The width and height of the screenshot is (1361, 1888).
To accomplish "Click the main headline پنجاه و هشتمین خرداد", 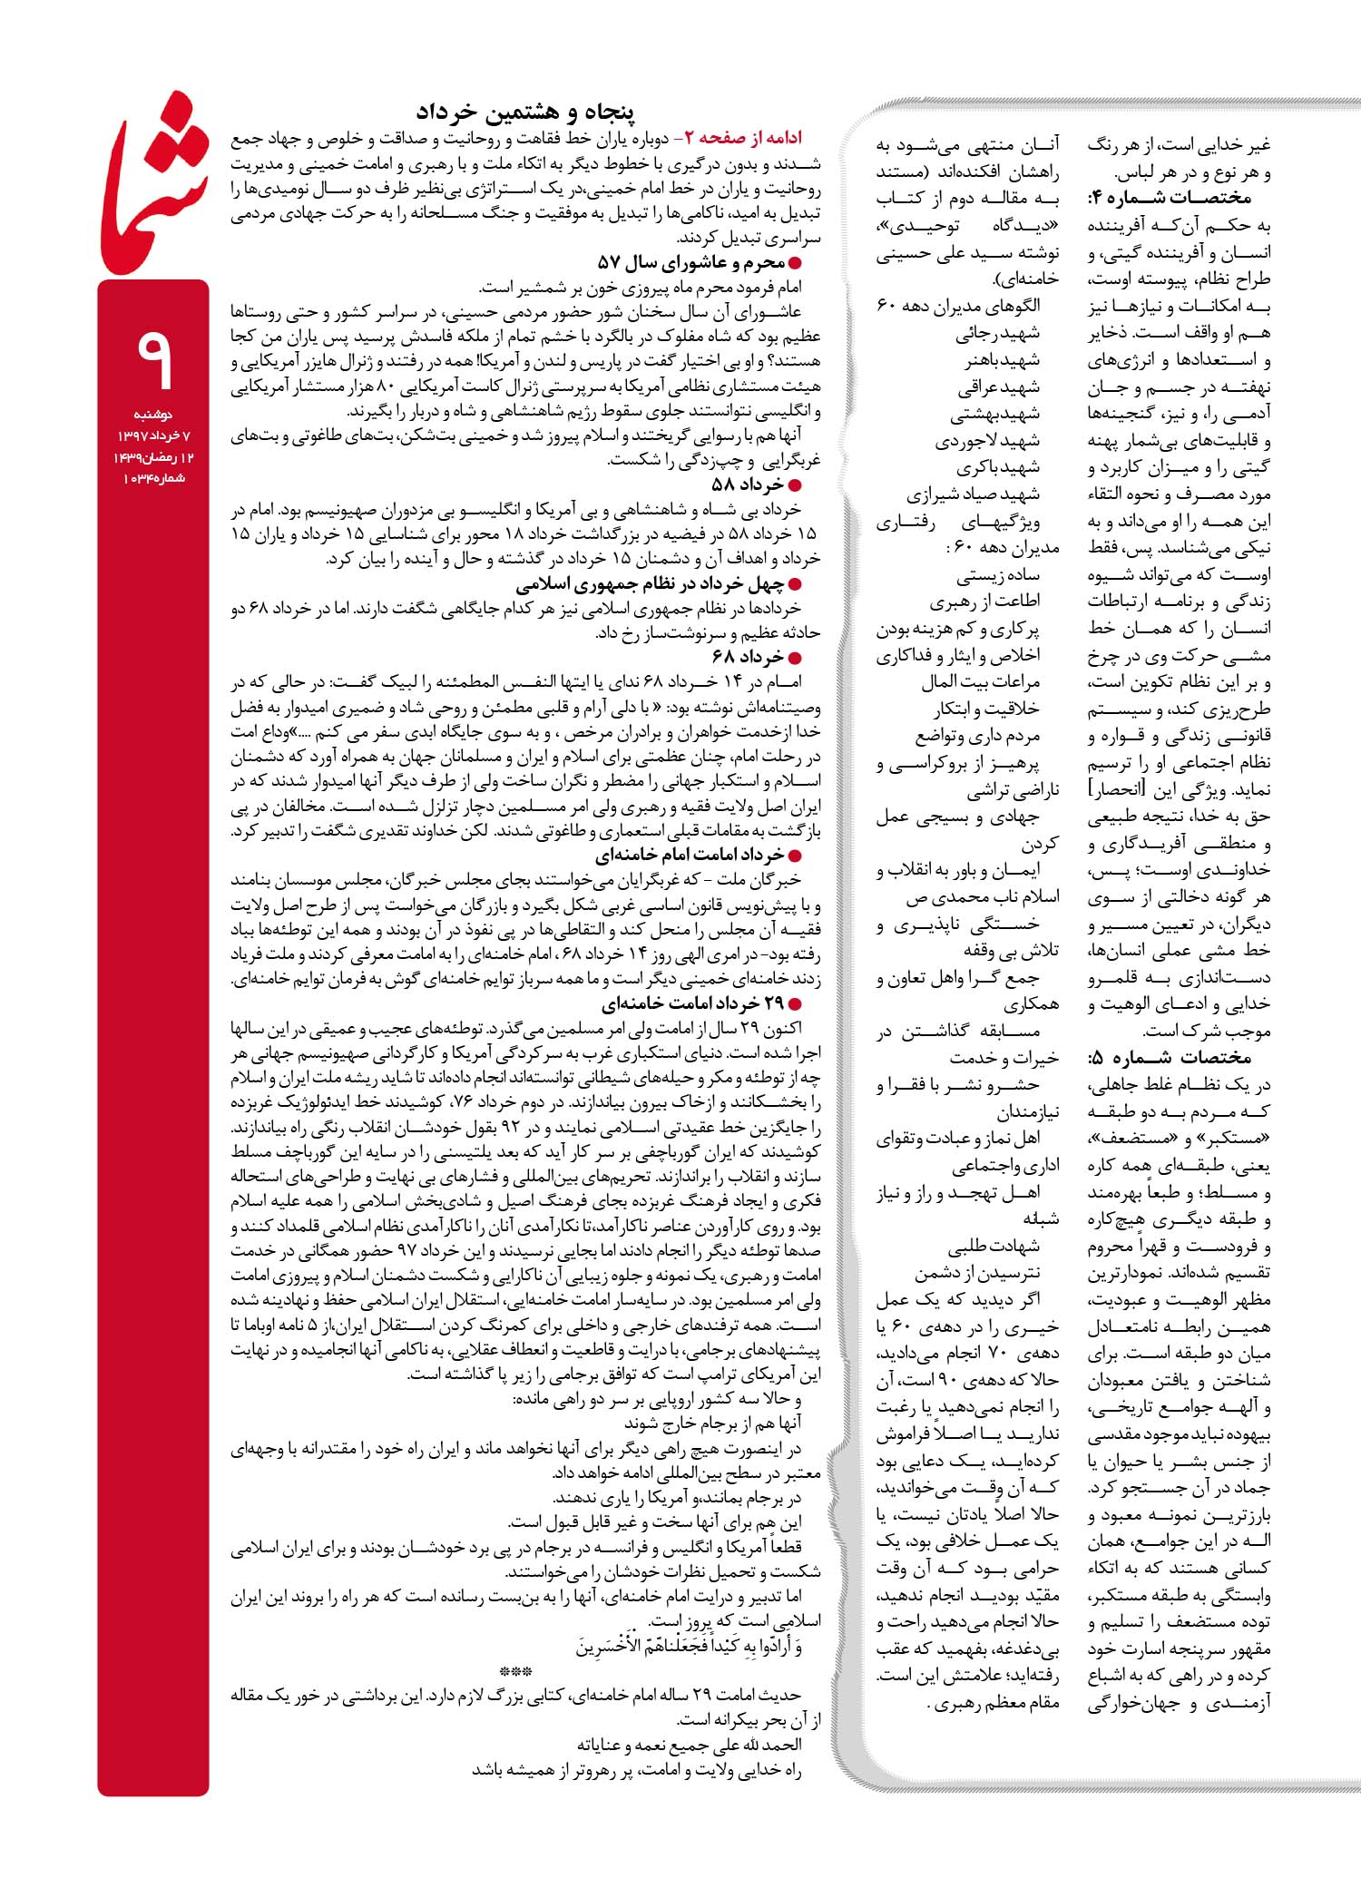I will [525, 112].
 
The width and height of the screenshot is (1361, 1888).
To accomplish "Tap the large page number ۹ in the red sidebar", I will [153, 356].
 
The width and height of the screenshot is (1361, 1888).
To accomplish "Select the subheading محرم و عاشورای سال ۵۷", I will [699, 263].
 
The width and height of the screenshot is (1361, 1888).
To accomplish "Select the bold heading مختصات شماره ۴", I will [1170, 197].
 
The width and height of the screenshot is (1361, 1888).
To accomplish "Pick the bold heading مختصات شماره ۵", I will [1170, 1057].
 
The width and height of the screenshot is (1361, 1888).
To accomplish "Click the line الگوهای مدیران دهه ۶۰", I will [957, 306].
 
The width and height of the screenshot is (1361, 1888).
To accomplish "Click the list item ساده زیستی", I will [997, 575].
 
